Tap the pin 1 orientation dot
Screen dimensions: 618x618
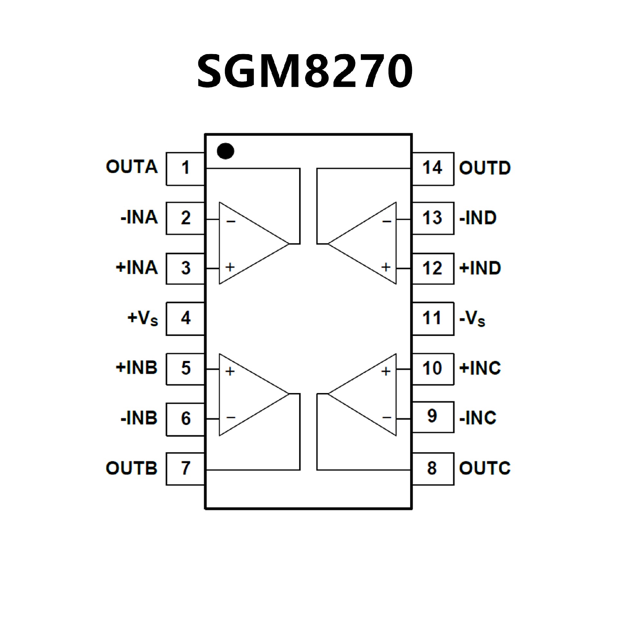(225, 151)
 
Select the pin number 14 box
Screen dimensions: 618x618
(433, 168)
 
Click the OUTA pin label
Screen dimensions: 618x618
(132, 167)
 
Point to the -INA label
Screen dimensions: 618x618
(139, 217)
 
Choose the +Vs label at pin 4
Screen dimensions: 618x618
(143, 318)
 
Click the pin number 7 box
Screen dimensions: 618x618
(185, 468)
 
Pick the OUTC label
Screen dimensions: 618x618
(484, 468)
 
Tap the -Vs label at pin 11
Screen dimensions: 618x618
(472, 319)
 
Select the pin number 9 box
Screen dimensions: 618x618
(433, 417)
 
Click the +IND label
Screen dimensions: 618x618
(480, 268)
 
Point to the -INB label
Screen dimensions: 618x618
(139, 418)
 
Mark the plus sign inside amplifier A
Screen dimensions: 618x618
(230, 267)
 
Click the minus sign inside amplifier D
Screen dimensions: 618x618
(387, 221)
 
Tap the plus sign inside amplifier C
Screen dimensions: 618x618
(386, 371)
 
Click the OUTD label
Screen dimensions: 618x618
(484, 168)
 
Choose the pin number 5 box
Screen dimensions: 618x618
(185, 368)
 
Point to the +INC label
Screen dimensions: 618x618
(480, 368)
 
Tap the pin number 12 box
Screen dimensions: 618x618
(433, 268)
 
